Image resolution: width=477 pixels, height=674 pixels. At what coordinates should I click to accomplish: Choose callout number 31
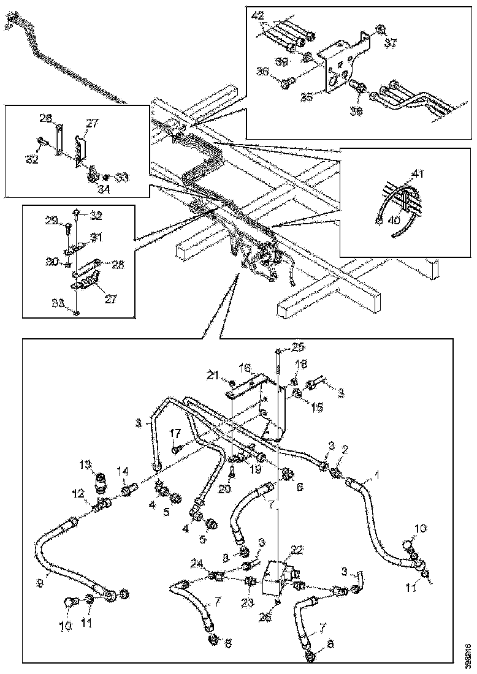[x=96, y=237]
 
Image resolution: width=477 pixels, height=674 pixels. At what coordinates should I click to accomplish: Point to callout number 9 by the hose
[x=39, y=584]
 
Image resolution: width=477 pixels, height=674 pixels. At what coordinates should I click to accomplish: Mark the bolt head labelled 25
[x=280, y=351]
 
